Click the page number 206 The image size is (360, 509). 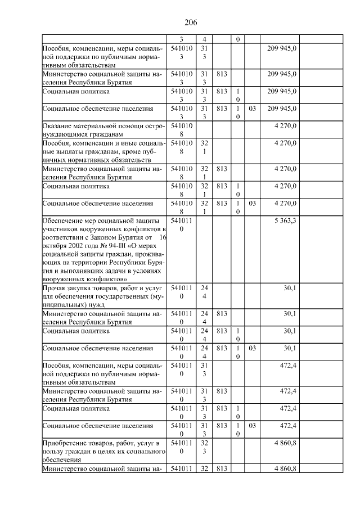(x=190, y=22)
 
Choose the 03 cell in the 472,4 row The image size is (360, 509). (x=252, y=426)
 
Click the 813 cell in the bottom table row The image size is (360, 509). (x=221, y=469)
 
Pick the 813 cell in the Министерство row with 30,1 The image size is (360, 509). (x=221, y=312)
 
